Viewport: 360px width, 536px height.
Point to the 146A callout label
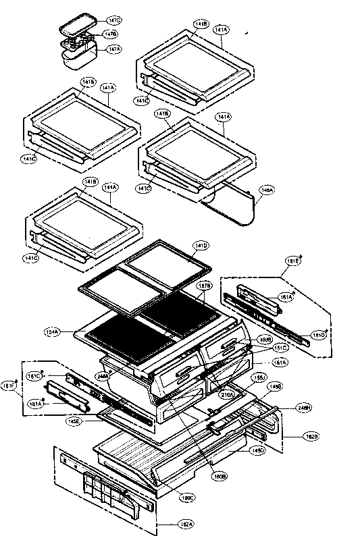click(267, 191)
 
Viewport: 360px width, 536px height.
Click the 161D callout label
click(319, 335)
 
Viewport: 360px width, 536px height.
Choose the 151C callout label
click(280, 348)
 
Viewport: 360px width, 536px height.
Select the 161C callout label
click(34, 375)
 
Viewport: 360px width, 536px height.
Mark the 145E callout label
click(74, 423)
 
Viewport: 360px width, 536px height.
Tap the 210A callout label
click(227, 394)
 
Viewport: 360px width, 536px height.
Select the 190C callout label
click(186, 498)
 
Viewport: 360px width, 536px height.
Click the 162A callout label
click(165, 524)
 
